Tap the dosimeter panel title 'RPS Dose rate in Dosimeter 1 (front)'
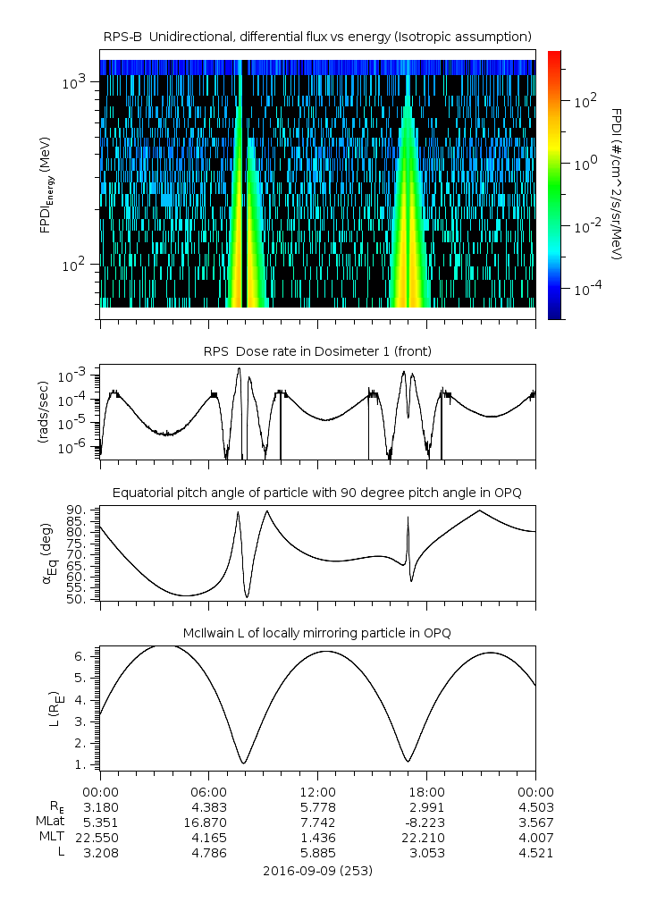317,351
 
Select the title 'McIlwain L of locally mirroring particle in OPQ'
317,633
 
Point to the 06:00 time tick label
209,791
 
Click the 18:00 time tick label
426,791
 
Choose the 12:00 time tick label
317,791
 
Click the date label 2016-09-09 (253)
317,870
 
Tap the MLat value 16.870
209,822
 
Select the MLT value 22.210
426,837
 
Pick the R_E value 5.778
317,806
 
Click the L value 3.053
426,853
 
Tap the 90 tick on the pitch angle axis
79,510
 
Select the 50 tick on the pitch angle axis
79,599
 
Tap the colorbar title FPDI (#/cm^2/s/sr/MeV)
616,184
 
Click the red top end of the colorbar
554,55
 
